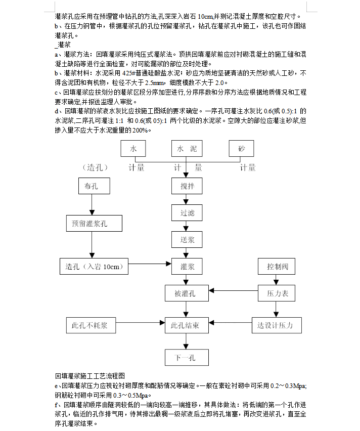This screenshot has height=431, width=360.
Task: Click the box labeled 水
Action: point(133,148)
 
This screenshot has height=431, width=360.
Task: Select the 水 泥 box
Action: point(187,148)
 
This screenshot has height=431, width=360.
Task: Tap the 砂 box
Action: point(242,148)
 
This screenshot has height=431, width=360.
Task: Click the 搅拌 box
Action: point(187,186)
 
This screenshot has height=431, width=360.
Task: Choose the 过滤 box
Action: point(187,213)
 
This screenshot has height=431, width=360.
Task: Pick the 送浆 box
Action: point(187,239)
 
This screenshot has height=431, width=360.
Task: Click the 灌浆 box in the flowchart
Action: point(187,267)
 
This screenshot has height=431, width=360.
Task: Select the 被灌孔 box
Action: point(187,293)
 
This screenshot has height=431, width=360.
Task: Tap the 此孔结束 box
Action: point(187,325)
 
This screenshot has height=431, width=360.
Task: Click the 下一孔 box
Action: point(187,358)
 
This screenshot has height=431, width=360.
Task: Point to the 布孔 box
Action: point(94,186)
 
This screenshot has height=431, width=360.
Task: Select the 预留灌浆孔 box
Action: point(94,223)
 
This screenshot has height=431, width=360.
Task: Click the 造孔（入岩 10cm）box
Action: point(94,267)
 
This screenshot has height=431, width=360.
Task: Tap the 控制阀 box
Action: point(277,267)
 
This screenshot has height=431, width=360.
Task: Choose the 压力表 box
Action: point(277,293)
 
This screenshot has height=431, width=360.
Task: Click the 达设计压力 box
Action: point(277,325)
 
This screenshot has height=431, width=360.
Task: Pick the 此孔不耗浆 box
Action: point(91,325)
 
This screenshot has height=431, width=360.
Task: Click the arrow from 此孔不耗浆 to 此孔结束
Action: point(141,322)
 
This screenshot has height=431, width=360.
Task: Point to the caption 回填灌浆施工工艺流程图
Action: point(90,376)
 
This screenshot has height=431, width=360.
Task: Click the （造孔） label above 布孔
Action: point(95,167)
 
